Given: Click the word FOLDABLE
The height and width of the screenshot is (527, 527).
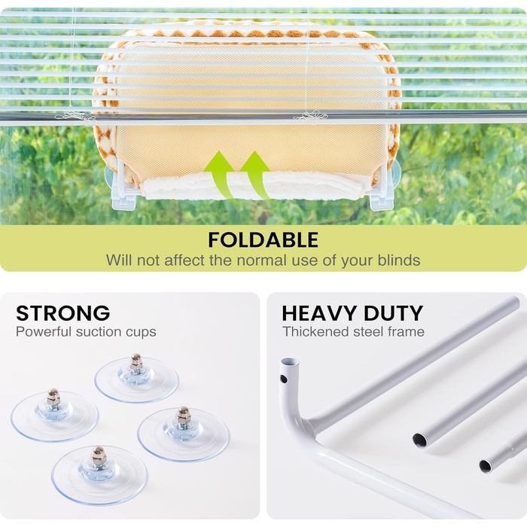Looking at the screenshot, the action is (263, 239).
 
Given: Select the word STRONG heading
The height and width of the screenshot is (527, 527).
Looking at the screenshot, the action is (62, 313).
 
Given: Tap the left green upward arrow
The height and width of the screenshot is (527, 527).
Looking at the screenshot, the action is (220, 174).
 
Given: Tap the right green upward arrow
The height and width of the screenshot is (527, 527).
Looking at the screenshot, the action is (255, 174).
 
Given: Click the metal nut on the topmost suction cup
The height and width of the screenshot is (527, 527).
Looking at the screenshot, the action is (136, 361).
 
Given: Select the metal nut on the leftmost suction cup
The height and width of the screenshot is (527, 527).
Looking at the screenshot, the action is (53, 397).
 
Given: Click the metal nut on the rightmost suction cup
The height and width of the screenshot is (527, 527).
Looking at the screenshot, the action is (183, 415).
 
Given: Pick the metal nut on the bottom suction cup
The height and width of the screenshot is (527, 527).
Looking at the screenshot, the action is (99, 455).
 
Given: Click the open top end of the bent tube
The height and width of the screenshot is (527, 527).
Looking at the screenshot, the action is (290, 362).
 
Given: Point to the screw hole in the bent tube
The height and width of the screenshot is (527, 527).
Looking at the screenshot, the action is (283, 379).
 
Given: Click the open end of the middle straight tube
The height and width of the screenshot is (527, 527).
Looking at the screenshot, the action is (420, 440).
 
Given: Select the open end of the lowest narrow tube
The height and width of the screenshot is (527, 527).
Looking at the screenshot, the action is (485, 466).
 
